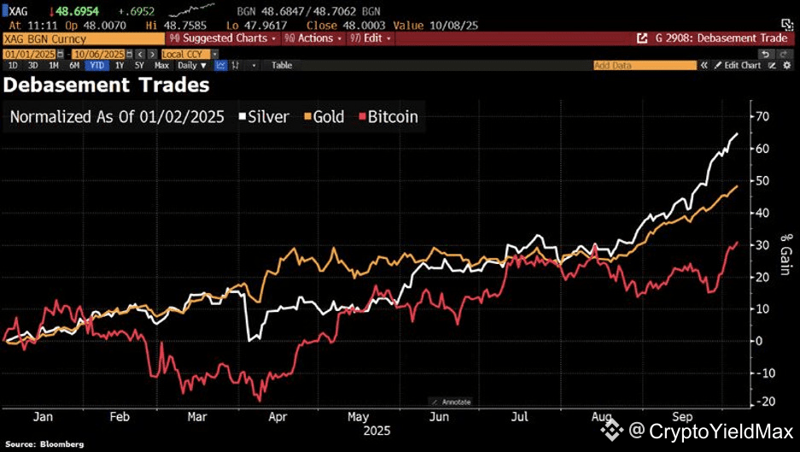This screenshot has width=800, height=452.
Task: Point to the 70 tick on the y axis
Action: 763,116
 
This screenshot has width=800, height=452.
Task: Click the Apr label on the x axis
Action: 277,418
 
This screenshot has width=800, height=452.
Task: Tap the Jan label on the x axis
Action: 44,418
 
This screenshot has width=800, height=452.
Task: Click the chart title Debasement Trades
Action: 107,85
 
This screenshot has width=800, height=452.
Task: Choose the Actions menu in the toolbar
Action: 315,38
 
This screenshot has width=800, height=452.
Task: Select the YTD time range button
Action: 96,65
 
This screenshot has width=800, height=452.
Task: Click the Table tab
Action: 282,65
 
